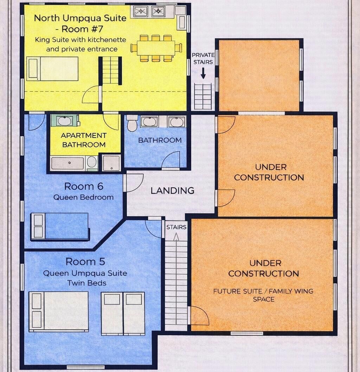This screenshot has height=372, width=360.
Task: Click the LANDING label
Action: pyautogui.click(x=172, y=190)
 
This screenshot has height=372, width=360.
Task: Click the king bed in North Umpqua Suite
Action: pyautogui.click(x=52, y=69)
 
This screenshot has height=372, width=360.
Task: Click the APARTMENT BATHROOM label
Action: pyautogui.click(x=84, y=140)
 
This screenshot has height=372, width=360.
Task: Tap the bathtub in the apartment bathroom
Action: pyautogui.click(x=67, y=163)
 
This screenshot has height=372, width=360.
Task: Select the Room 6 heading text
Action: pyautogui.click(x=84, y=186)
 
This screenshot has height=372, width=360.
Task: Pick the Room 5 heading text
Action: pyautogui.click(x=85, y=262)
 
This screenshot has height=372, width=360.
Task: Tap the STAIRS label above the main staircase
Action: pyautogui.click(x=176, y=227)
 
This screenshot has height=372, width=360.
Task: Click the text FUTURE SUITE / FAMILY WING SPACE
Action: pyautogui.click(x=263, y=295)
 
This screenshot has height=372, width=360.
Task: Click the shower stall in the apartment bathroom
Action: pyautogui.click(x=111, y=163)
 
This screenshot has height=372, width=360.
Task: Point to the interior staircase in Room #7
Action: pyautogui.click(x=111, y=70)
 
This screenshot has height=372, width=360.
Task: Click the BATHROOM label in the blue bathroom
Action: pyautogui.click(x=160, y=140)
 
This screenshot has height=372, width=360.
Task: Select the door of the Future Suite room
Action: pyautogui.click(x=199, y=316)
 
